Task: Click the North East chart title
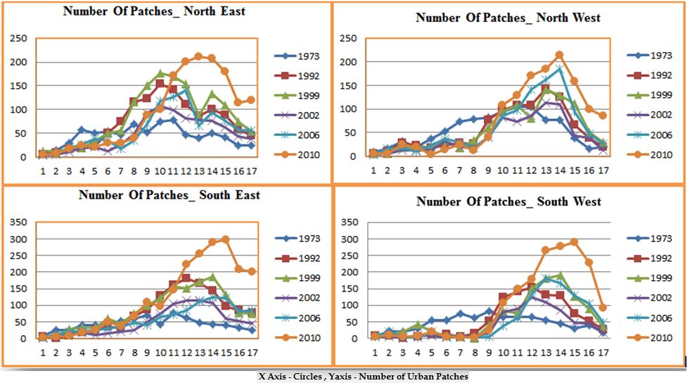point(154,11)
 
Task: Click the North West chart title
point(508,17)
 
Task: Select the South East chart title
point(169,194)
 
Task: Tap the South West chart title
point(509,202)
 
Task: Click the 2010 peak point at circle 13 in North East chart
point(198,56)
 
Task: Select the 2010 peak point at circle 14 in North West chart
point(559,54)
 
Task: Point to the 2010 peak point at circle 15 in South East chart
point(225,239)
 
